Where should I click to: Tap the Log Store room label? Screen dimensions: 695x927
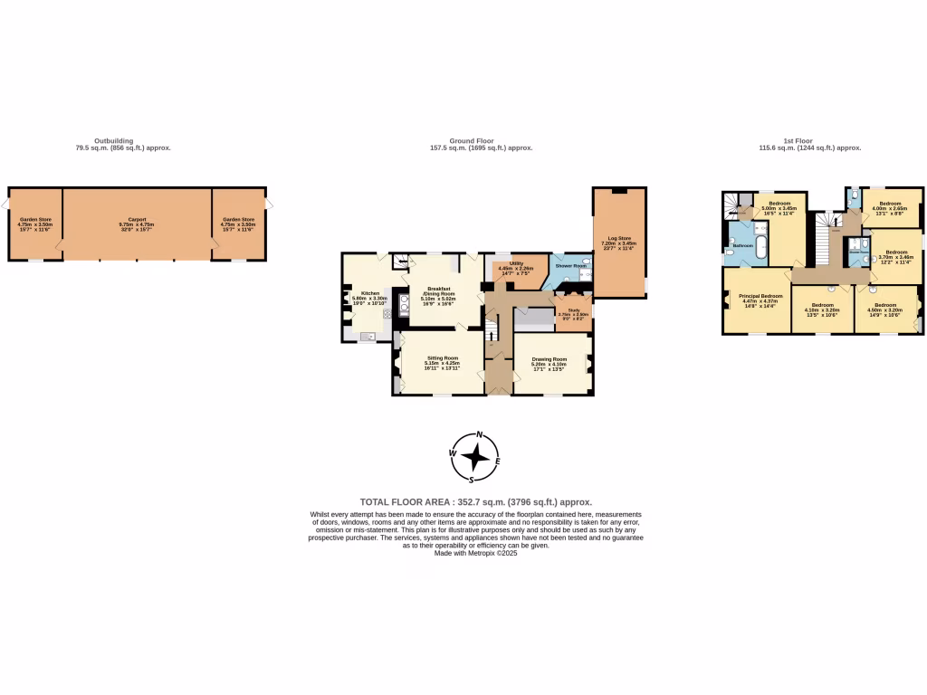[619, 241]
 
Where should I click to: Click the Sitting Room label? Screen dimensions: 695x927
[444, 360]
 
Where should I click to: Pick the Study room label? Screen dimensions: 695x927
[573, 311]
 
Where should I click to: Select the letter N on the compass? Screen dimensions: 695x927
[479, 434]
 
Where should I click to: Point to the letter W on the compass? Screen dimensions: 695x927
[453, 453]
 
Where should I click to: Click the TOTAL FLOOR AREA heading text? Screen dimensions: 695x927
[476, 501]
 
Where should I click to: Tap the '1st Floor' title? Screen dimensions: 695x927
[797, 141]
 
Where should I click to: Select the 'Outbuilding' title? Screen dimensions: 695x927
[114, 141]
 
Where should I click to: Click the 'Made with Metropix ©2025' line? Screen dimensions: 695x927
[475, 553]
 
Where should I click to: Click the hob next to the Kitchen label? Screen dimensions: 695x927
[387, 313]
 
